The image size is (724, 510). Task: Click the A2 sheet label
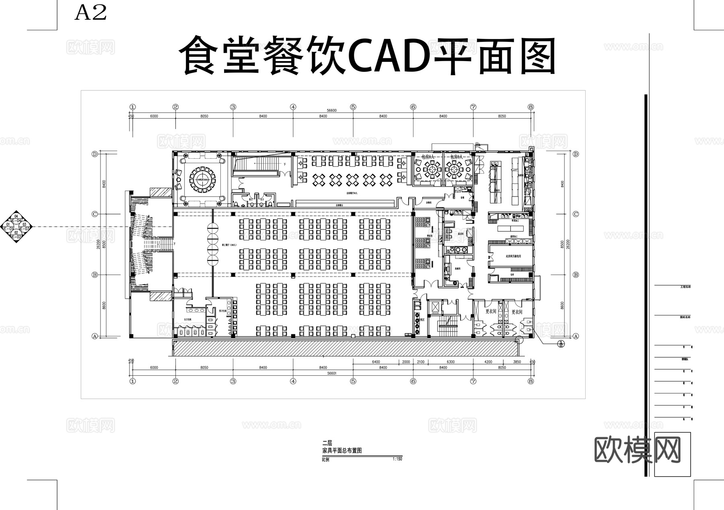pos(91,13)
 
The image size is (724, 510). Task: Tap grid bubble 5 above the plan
pos(353,107)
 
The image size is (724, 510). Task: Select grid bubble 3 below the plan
pos(233,381)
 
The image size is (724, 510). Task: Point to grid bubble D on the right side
pos(576,154)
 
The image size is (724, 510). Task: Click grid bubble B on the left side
pos(95,275)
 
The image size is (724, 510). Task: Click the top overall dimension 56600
pos(331,111)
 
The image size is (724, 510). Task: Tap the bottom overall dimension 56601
pos(331,373)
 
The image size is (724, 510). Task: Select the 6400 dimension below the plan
pos(376,362)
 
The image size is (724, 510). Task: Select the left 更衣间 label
pos(491,311)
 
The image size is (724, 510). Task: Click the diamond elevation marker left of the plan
pos(16,227)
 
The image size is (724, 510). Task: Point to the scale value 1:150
pos(397,459)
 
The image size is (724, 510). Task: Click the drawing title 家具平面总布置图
pos(342,451)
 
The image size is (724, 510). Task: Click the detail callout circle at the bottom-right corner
pos(561,344)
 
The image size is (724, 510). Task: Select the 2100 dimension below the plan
pos(420,362)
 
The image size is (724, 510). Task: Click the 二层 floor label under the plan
pos(327,443)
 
